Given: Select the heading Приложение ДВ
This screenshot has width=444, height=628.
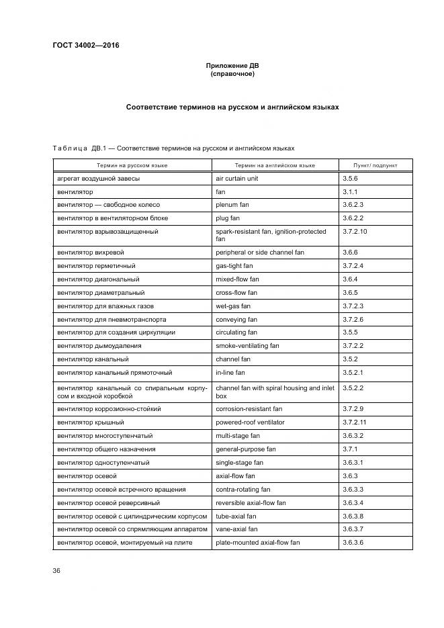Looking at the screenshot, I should tap(232, 66).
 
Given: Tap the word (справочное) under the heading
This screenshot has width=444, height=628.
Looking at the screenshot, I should tap(232, 74).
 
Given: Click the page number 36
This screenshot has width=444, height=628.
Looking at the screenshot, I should tap(56, 570).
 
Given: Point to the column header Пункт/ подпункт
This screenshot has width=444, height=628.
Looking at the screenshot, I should tap(375, 165).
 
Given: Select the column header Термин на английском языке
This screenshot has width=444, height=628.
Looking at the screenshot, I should tap(275, 165).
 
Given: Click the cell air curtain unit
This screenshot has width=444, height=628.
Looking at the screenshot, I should tap(236, 179).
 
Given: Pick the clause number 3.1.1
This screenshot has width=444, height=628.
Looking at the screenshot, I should tap(350, 192).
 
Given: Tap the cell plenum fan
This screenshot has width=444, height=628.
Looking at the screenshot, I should tap(232, 205).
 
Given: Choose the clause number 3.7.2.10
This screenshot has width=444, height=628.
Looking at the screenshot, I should tap(355, 232).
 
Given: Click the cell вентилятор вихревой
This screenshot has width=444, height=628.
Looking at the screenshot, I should tap(91, 253).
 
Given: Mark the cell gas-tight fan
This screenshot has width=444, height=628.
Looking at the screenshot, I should tap(234, 266).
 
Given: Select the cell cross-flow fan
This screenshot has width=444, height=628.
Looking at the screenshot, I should tap(236, 293).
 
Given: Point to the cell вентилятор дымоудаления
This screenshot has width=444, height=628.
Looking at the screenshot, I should tap(99, 346).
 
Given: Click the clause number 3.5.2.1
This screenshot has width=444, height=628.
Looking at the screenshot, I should tap(353, 372).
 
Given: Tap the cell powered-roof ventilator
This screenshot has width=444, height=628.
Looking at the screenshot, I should tap(250, 422).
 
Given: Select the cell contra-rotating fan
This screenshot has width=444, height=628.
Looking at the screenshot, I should tap(242, 490).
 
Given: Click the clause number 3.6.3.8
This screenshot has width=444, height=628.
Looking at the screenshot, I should tap(353, 516).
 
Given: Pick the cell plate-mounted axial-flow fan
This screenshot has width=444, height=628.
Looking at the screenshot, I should tap(257, 542).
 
